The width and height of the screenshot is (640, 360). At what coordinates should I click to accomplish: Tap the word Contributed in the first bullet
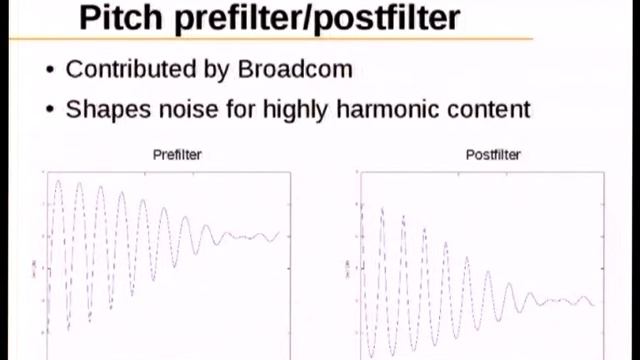click(x=128, y=70)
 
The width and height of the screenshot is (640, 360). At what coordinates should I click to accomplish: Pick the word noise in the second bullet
click(x=185, y=109)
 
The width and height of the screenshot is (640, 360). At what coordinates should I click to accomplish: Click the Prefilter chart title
click(x=177, y=155)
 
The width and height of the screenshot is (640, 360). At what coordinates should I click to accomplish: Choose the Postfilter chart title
click(x=493, y=155)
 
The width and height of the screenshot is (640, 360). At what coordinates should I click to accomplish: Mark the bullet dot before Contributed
click(x=50, y=71)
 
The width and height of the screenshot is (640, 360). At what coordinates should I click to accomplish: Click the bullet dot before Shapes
click(x=50, y=110)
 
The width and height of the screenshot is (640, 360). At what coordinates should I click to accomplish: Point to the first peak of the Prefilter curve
click(x=58, y=182)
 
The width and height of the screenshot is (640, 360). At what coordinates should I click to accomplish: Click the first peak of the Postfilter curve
click(x=381, y=209)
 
